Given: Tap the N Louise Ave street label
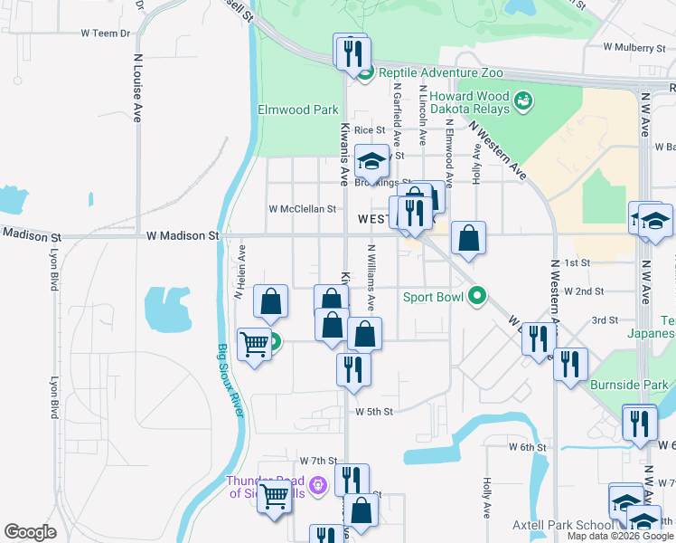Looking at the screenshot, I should pyautogui.click(x=138, y=87).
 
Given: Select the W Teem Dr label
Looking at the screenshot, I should pyautogui.click(x=105, y=33).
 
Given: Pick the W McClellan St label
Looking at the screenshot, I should pyautogui.click(x=302, y=208).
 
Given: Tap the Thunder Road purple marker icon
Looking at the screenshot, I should pyautogui.click(x=317, y=486).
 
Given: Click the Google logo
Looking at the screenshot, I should pyautogui.click(x=30, y=532).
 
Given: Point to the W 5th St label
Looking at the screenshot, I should pyautogui.click(x=374, y=411).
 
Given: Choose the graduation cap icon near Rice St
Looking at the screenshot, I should pyautogui.click(x=371, y=161).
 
